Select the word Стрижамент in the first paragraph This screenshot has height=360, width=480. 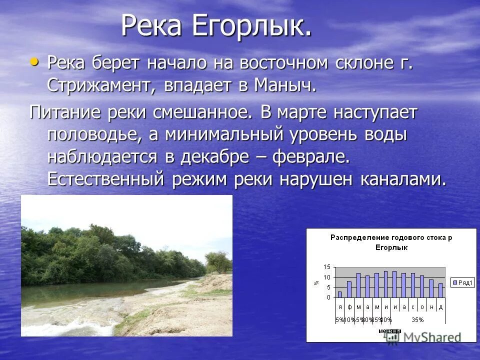[100, 85]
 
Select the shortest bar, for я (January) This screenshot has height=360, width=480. [340, 294]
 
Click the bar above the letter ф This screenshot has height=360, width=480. [349, 289]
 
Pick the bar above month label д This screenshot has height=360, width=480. [440, 290]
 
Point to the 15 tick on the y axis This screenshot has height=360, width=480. [326, 266]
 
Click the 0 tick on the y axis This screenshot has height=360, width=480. [328, 297]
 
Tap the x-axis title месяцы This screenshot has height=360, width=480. [388, 330]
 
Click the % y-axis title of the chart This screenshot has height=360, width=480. [316, 282]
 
